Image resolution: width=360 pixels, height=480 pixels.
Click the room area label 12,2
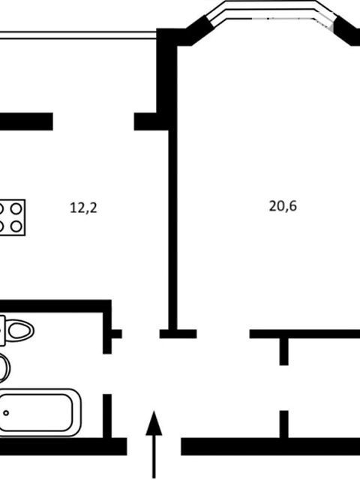pyautogui.click(x=83, y=208)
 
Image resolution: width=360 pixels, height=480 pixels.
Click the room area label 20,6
pyautogui.click(x=283, y=206)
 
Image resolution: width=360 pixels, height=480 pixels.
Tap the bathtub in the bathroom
pyautogui.click(x=39, y=412)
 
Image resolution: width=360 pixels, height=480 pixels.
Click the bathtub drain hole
pyautogui.click(x=6, y=413)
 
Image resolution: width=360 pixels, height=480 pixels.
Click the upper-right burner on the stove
pyautogui.click(x=16, y=209)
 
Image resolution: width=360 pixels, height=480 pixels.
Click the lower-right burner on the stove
pyautogui.click(x=16, y=226)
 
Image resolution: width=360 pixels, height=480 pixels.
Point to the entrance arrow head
pyautogui.click(x=154, y=423)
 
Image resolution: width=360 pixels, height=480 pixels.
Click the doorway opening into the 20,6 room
pyautogui.click(x=223, y=334)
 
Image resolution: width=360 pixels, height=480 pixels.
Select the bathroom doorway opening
pyautogui.click(x=107, y=374)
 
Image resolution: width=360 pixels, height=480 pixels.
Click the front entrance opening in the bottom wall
pyautogui.click(x=154, y=446)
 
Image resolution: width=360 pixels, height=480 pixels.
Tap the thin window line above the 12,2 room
pyautogui.click(x=78, y=35)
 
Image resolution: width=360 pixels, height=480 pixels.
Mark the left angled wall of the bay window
pyautogui.click(x=198, y=30)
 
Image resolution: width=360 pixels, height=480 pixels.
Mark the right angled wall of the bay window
pyautogui.click(x=346, y=30)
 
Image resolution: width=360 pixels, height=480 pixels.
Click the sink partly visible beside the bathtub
pyautogui.click(x=4, y=368)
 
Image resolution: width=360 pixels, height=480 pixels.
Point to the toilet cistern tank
pyautogui.click(x=2, y=331)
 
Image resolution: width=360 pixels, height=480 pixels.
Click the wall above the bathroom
pyautogui.click(x=55, y=307)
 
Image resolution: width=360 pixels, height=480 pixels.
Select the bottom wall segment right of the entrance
pyautogui.click(x=270, y=446)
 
